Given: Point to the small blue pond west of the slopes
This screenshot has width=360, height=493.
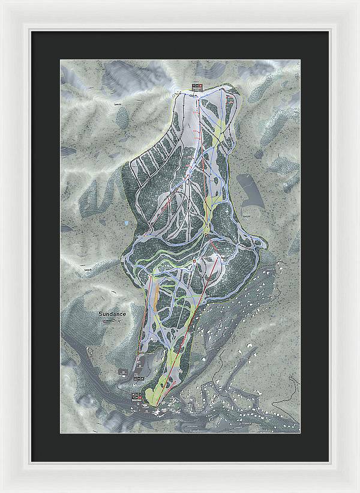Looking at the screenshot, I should point(126,223).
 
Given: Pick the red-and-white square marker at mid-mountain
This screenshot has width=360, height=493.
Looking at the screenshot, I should point(196,261).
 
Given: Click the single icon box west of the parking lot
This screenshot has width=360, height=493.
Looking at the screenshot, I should point(122,373).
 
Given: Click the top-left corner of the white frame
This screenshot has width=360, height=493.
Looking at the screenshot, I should point(2,2).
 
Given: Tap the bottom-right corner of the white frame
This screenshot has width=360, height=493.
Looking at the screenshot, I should point(358,491).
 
